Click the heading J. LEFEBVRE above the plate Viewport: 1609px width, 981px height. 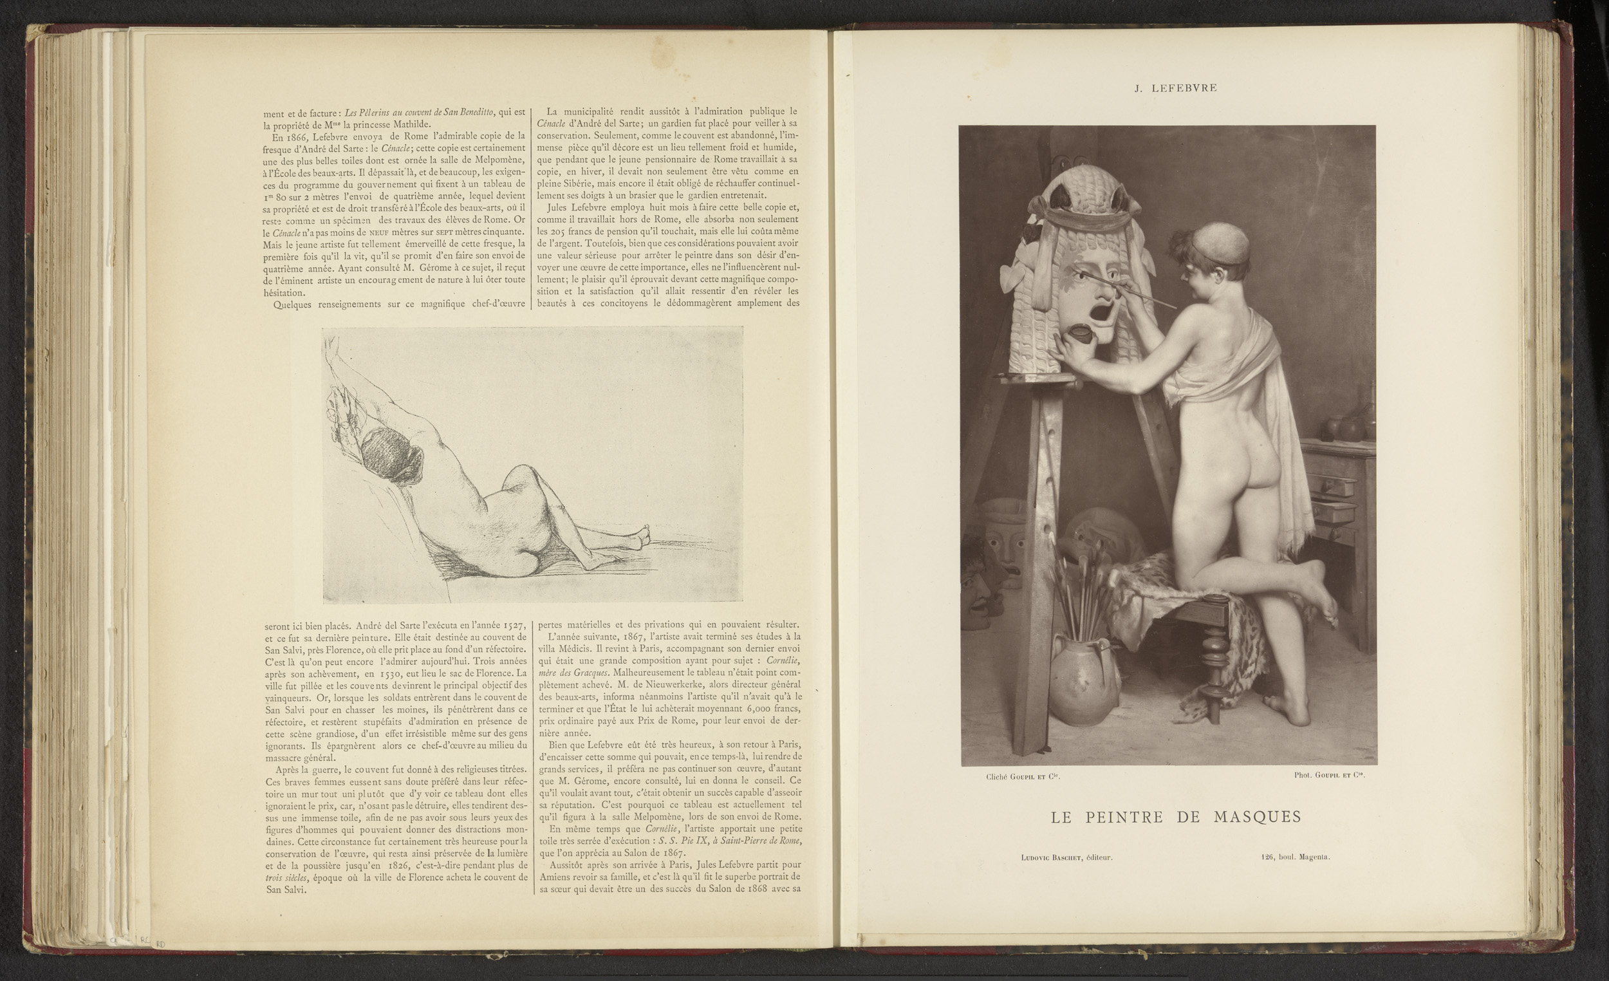pos(1175,88)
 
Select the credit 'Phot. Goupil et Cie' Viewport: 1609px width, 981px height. pos(1330,775)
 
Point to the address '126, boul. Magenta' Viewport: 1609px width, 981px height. pos(1296,857)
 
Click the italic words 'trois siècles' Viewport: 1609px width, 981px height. pos(287,878)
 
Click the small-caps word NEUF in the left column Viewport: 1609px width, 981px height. pos(378,232)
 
